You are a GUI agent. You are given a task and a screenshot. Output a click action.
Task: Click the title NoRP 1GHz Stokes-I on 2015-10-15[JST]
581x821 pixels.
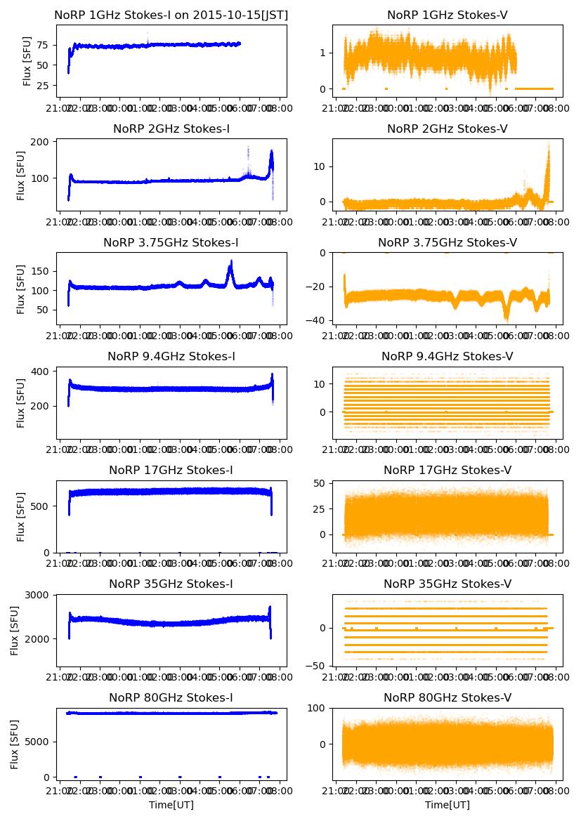coord(171,15)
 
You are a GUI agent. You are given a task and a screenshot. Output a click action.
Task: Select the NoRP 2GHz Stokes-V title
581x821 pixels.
coord(448,129)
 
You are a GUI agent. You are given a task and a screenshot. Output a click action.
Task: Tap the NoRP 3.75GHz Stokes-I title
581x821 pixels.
coord(171,243)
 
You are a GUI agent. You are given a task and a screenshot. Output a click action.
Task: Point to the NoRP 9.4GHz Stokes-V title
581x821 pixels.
coord(448,357)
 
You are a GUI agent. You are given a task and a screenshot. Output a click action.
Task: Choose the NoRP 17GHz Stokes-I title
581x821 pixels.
coord(171,471)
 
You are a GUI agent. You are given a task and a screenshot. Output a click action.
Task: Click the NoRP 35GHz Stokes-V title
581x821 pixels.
coord(448,584)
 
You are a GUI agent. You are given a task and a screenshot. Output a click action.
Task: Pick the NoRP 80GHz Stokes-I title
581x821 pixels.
coord(171,698)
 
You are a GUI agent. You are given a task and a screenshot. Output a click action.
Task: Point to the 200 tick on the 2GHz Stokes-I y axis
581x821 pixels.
coord(39,142)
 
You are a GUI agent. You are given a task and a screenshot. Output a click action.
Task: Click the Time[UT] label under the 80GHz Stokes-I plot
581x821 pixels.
coord(171,805)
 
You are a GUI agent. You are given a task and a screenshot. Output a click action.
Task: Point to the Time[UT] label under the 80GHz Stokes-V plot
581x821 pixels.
coord(448,805)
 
